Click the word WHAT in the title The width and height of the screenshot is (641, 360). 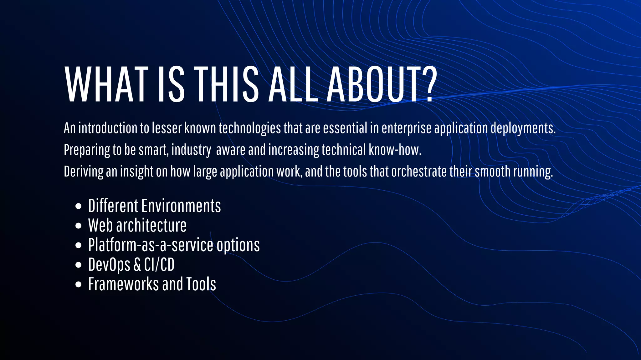click(x=106, y=84)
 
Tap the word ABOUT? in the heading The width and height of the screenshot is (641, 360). click(x=382, y=84)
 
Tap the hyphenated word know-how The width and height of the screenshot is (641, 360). click(x=395, y=150)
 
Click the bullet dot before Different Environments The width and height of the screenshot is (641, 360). click(x=79, y=206)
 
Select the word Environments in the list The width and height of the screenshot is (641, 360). click(x=181, y=206)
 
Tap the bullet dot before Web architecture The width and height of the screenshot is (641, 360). click(x=79, y=226)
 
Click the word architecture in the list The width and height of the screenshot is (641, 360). click(x=151, y=226)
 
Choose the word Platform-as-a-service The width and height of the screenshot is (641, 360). click(x=151, y=245)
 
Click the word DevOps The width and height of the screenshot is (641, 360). click(x=109, y=265)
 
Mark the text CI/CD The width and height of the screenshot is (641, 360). click(x=159, y=265)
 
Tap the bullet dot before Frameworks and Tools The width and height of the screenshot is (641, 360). click(x=79, y=284)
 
